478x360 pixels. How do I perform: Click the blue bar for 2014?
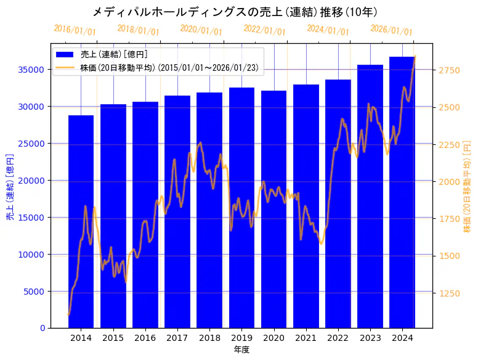pyautogui.click(x=81, y=222)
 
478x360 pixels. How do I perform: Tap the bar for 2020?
pyautogui.click(x=273, y=209)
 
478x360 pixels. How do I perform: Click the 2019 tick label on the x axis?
pyautogui.click(x=241, y=338)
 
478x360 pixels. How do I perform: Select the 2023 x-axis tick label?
pyautogui.click(x=370, y=338)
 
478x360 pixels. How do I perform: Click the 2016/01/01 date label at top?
pyautogui.click(x=75, y=30)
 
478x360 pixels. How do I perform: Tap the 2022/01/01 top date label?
pyautogui.click(x=265, y=30)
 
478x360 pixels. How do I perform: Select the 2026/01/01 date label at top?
pyautogui.click(x=391, y=30)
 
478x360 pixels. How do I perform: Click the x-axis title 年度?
pyautogui.click(x=241, y=350)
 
